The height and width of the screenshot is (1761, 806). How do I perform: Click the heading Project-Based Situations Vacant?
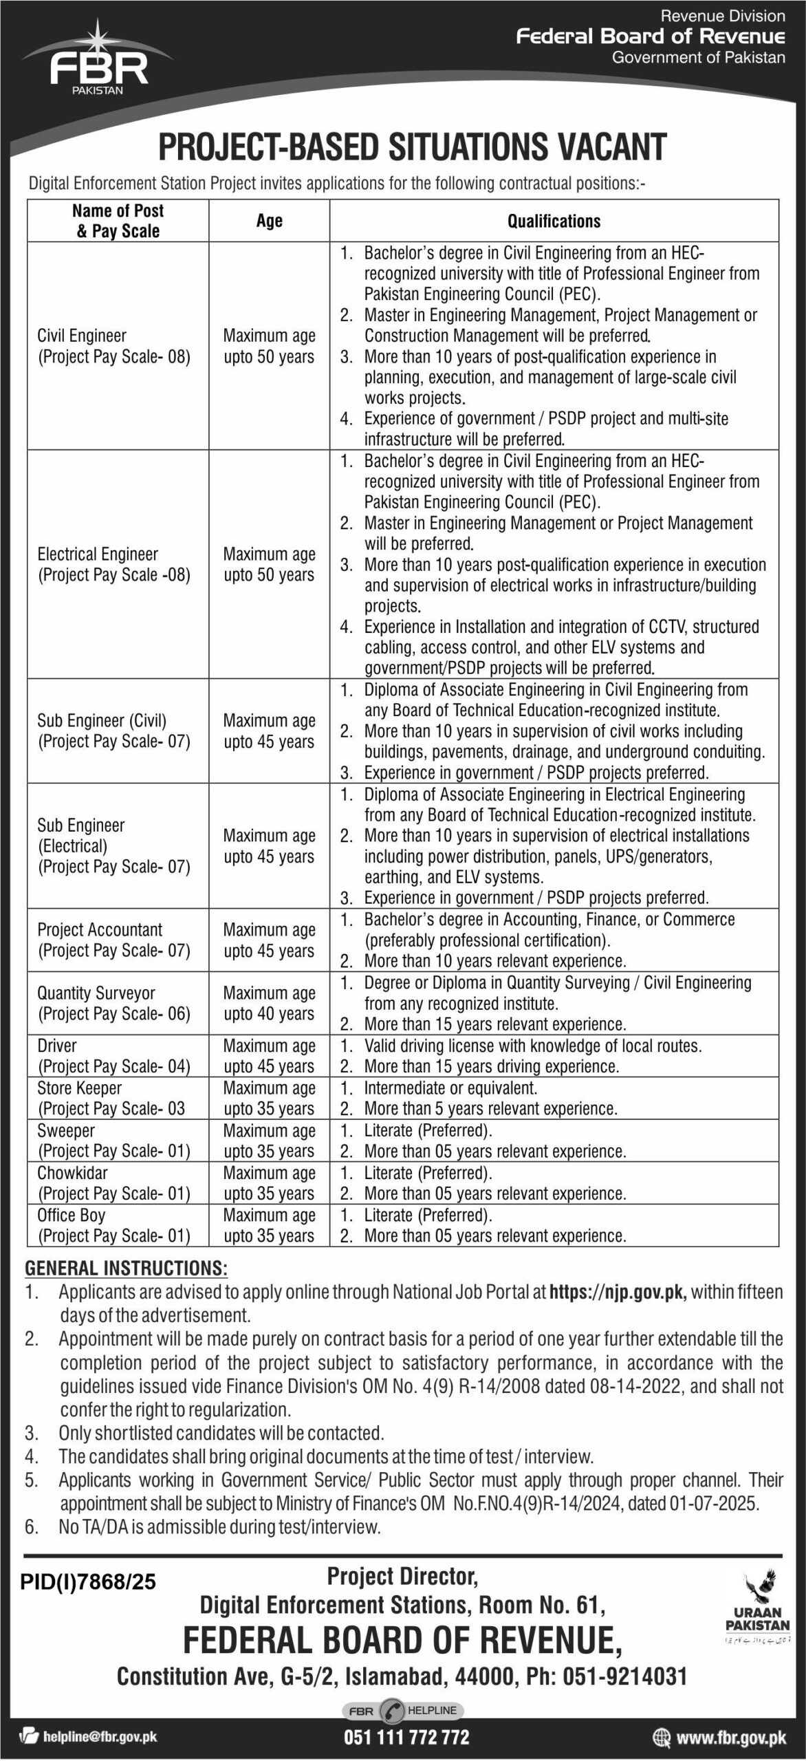pos(413,147)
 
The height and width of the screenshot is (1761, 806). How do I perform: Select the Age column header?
pos(270,221)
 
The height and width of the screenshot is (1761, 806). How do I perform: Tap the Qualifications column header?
pos(554,221)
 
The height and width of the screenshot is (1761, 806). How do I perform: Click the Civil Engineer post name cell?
pos(113,346)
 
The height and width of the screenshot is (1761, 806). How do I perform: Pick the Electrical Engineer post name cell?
pos(113,564)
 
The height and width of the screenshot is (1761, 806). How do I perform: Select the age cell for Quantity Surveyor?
pos(269,1003)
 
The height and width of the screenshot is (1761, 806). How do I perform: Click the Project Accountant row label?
pos(113,940)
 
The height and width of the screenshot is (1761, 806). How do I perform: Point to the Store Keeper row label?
pos(110,1098)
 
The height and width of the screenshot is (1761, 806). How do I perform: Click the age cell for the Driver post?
pos(269,1056)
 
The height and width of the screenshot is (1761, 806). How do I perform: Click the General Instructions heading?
pos(127,1268)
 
